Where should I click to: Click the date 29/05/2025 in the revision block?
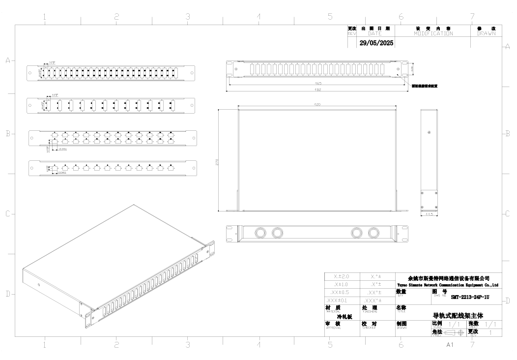tap(376, 43)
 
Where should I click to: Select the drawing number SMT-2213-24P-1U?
tap(470, 297)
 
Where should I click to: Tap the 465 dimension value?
tap(318, 83)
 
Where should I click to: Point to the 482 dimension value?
tap(318, 89)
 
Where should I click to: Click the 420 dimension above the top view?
tap(317, 105)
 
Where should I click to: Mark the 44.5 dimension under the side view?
tap(429, 214)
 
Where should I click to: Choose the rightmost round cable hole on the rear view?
tap(374, 233)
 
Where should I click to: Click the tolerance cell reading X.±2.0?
tap(342, 277)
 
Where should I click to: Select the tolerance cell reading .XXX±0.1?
tap(342, 300)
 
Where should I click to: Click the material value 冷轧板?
tap(345, 317)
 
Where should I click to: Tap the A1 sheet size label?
tap(450, 345)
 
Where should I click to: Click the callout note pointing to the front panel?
tap(424, 86)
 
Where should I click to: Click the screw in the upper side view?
tap(429, 133)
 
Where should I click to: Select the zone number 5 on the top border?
tap(330, 17)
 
